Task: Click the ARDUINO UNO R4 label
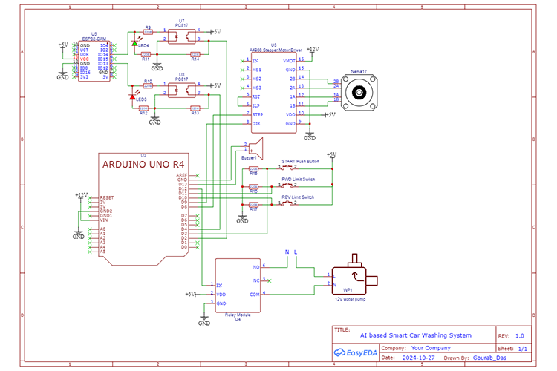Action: [x=144, y=164]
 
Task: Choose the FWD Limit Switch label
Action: [x=297, y=179]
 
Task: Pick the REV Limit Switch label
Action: [x=297, y=197]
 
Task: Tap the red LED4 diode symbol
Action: [x=134, y=45]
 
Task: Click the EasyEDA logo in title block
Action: [x=355, y=352]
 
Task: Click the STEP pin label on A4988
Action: [x=258, y=115]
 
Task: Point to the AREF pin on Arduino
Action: [x=183, y=174]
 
